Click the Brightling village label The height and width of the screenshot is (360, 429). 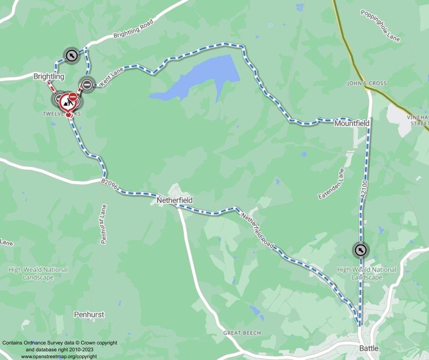49,76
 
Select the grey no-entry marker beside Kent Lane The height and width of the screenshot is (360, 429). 86,84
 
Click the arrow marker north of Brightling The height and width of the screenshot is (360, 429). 70,56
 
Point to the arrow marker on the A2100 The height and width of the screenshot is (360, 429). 361,250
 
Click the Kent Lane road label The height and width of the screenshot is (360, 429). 111,76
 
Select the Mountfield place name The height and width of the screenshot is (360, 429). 351,123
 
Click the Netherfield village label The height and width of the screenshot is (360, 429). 174,200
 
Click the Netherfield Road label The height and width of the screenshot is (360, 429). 257,231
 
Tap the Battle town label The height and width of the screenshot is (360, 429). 369,348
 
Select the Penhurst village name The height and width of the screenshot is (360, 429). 89,314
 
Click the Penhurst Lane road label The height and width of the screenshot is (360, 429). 103,224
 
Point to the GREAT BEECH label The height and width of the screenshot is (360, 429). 242,333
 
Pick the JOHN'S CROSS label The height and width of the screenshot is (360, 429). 366,83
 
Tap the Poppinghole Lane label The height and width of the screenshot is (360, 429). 380,25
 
